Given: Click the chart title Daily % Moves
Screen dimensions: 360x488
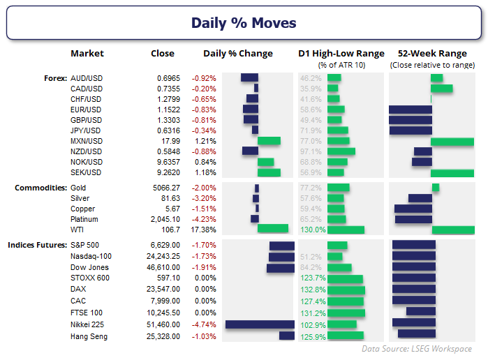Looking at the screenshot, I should (244, 23).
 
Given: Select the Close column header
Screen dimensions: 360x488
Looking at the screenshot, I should (163, 54).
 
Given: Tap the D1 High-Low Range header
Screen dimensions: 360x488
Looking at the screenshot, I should (341, 54).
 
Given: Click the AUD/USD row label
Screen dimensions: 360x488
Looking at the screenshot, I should (87, 78).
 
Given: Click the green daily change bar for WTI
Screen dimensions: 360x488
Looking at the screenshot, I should (272, 229).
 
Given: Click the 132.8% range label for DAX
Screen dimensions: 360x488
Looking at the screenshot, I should (313, 290).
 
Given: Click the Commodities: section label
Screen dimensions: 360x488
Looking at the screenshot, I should (41, 188).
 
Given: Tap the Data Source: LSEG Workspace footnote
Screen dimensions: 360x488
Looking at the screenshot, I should (417, 349).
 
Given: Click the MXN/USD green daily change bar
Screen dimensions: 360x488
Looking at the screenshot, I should (269, 141).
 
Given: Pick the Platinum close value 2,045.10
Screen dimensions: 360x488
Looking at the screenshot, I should (165, 218).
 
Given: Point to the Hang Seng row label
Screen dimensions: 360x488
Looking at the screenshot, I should (88, 336).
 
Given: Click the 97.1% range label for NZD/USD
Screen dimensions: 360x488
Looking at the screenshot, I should (311, 151).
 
